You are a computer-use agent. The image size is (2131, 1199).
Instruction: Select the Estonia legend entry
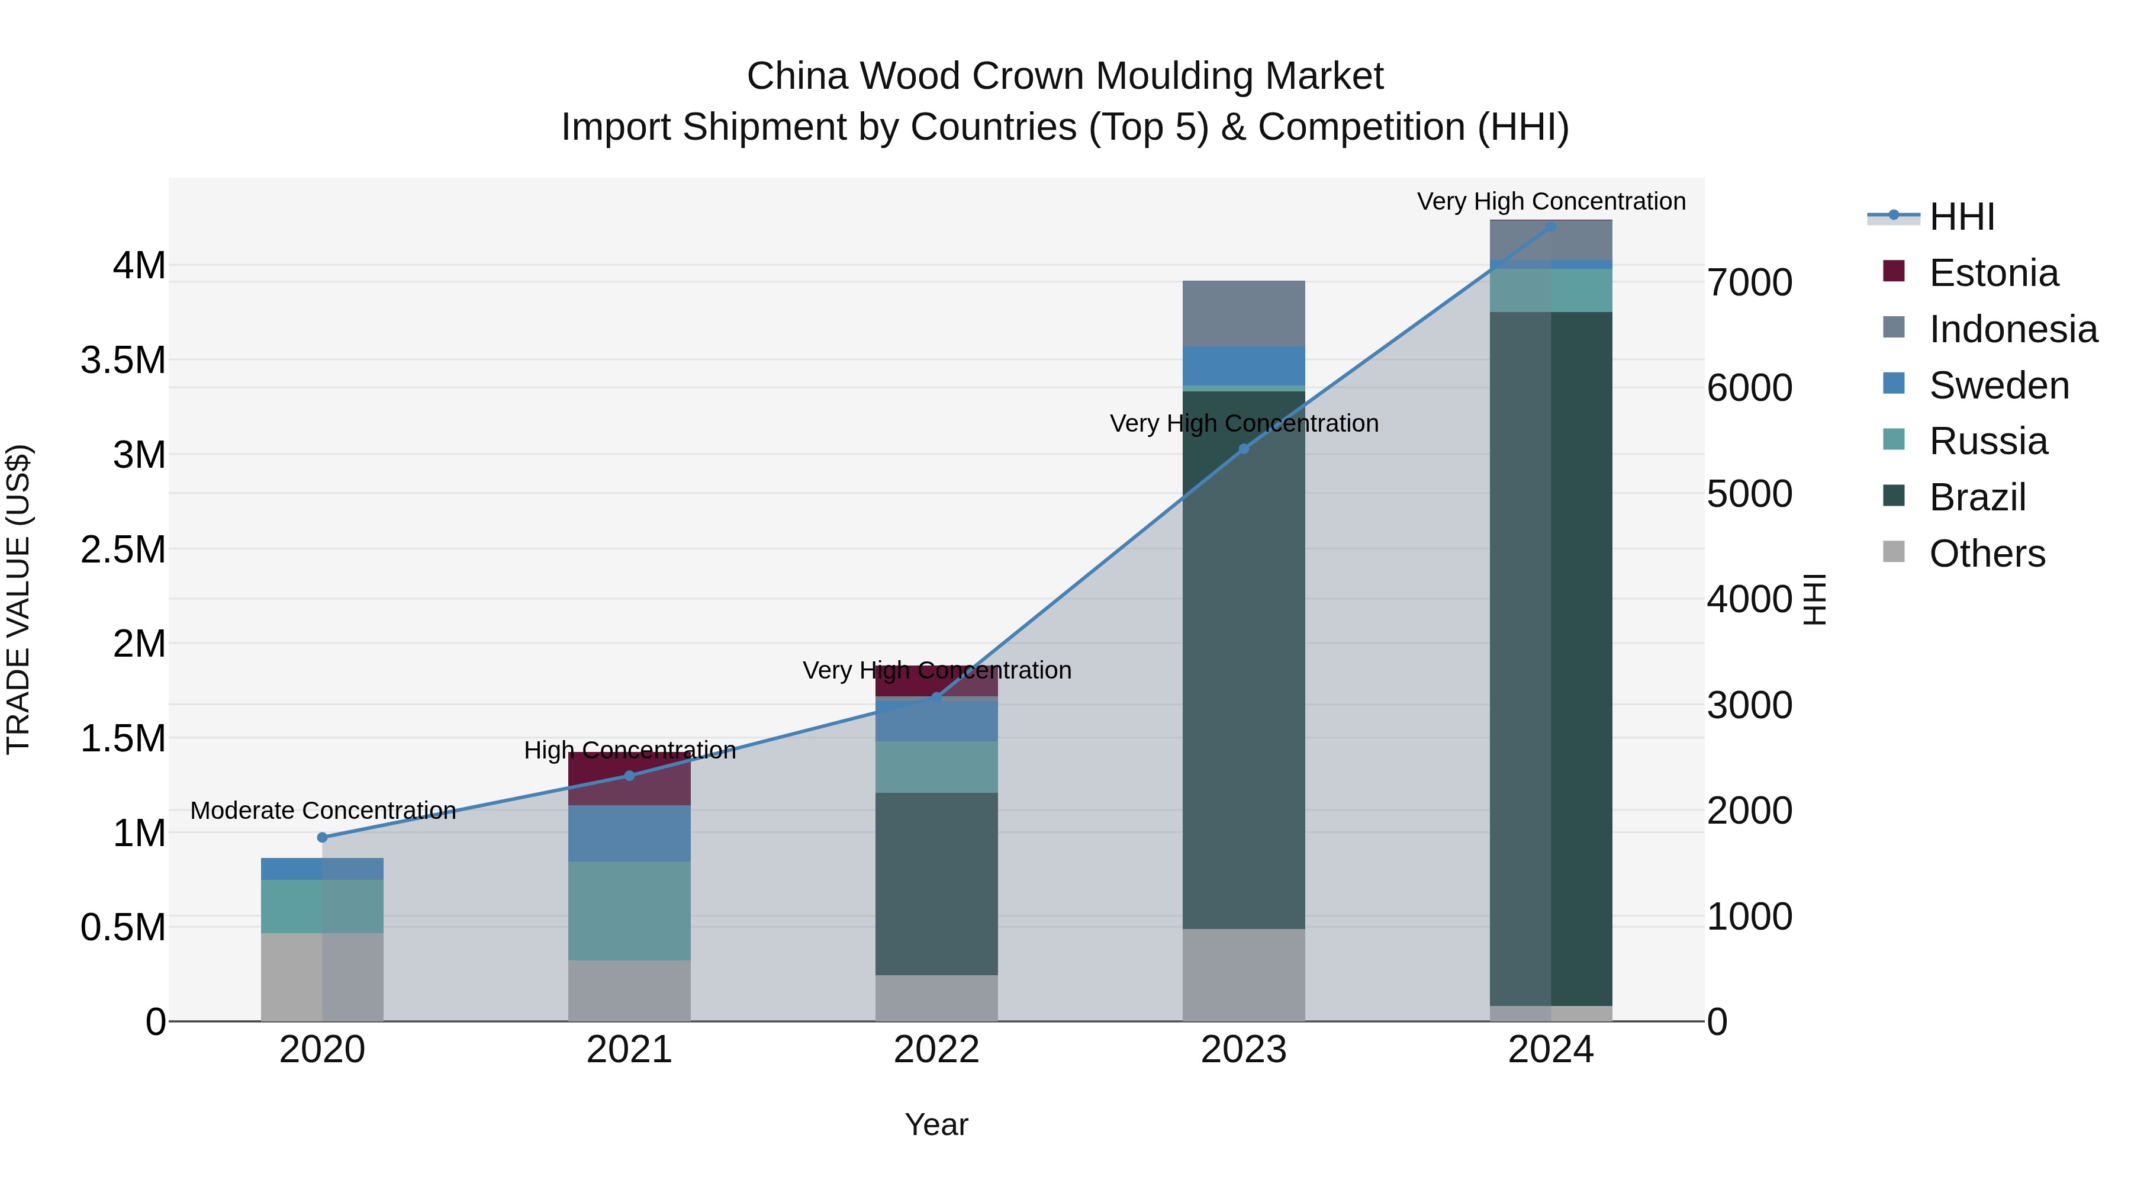1993,273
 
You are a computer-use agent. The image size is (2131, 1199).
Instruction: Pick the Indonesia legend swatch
1894,327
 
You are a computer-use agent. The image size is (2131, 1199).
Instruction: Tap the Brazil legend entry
1977,497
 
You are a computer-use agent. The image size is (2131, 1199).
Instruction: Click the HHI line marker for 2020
323,837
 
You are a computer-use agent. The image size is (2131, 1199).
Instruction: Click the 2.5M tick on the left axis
123,549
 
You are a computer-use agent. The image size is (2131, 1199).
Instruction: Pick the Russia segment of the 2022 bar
936,767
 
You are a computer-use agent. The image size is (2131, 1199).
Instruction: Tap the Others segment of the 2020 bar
323,976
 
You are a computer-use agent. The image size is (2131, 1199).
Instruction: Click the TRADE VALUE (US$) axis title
18,599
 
